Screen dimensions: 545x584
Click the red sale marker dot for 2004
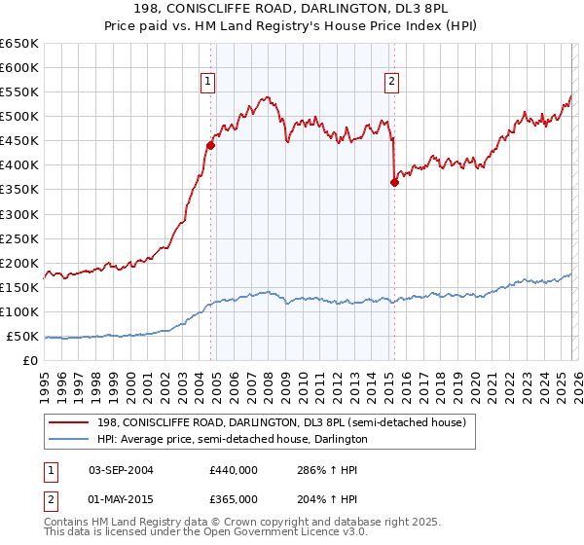point(210,145)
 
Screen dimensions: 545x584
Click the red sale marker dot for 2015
point(394,182)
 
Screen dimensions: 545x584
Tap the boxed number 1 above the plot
point(208,82)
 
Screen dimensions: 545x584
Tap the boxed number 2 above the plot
point(391,82)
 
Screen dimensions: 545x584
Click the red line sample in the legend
point(70,422)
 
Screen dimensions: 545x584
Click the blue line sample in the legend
point(70,439)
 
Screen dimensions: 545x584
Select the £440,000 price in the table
point(233,469)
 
